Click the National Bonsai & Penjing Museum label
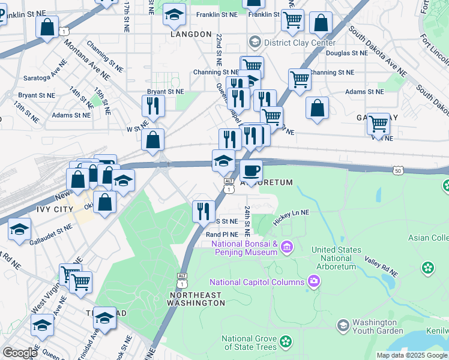246,248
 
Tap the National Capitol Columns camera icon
313,281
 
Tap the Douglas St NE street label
346,53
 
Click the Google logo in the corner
20,353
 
